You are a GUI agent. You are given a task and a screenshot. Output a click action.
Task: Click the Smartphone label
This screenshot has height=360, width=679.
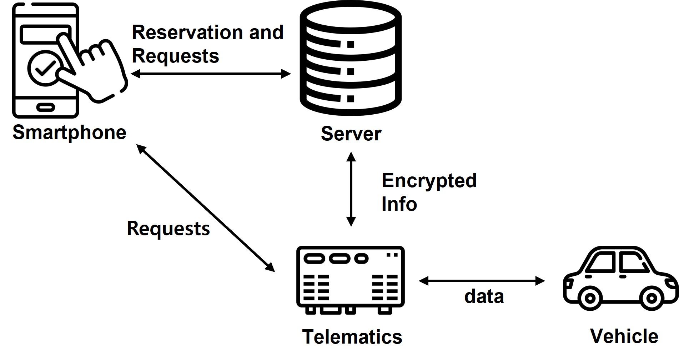69,132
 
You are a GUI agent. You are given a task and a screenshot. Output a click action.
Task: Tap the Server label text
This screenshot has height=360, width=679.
351,134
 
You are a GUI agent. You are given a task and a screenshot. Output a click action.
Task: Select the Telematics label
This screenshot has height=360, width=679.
352,336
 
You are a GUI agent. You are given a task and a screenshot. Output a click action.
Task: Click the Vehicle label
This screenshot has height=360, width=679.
624,336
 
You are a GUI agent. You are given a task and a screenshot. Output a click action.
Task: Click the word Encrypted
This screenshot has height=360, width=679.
429,181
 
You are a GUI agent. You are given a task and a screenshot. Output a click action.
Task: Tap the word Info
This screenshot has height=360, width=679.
399,204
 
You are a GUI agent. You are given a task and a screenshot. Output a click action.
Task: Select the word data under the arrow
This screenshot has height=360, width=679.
484,296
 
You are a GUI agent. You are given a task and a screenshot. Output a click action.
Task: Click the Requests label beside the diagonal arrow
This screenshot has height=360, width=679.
168,228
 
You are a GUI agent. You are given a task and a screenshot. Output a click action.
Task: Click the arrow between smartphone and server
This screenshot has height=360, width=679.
211,74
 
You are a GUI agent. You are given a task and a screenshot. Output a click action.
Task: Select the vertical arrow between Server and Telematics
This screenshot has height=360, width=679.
351,189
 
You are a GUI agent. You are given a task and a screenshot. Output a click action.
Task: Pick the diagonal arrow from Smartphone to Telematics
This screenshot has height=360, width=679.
206,208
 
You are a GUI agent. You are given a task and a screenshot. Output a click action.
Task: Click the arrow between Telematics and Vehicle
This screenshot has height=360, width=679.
482,281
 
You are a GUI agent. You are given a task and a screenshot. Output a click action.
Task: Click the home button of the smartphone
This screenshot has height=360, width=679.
46,106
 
